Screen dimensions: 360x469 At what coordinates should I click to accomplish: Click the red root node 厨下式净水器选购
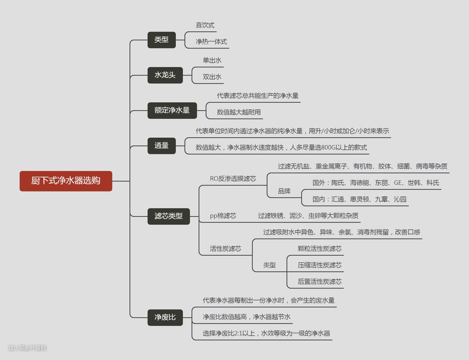point(66,181)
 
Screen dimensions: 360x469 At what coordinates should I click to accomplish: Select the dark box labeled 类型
point(161,40)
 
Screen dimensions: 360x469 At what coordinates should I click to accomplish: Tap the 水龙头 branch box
point(165,75)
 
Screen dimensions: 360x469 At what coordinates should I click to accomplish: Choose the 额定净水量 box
point(172,110)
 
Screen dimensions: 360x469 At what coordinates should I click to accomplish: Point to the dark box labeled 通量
point(161,145)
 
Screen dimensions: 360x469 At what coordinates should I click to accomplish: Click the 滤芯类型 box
point(168,216)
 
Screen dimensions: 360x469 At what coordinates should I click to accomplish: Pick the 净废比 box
point(165,317)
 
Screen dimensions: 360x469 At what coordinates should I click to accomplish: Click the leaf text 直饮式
point(205,25)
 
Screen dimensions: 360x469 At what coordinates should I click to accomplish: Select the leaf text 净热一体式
point(211,42)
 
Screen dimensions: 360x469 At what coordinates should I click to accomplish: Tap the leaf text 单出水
point(212,60)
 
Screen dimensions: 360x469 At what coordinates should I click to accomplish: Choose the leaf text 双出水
point(212,77)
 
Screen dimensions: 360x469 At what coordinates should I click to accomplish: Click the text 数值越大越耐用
point(239,112)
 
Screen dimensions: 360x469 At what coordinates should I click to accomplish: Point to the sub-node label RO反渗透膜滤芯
point(233,178)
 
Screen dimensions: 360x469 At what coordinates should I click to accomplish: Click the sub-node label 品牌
point(284,191)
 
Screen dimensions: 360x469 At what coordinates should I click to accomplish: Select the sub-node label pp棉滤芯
point(223,215)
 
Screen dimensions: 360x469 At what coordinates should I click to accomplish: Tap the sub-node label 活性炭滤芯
point(225,249)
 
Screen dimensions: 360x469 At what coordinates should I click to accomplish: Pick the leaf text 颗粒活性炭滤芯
point(320,249)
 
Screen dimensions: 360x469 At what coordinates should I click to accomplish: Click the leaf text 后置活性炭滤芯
point(320,281)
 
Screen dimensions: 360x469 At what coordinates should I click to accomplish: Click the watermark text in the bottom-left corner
point(27,347)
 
